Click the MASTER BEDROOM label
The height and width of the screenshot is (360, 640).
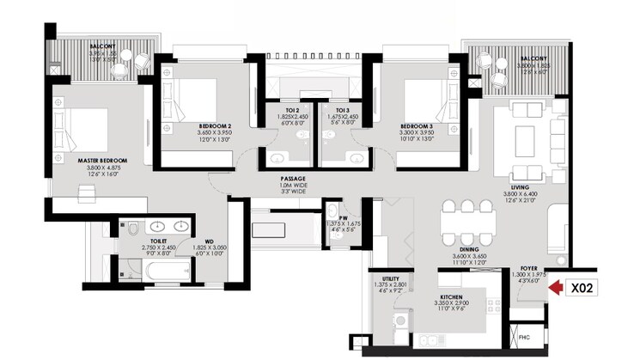pyautogui.click(x=102, y=161)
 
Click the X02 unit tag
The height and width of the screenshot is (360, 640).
pyautogui.click(x=587, y=287)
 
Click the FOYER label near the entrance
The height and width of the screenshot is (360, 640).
pyautogui.click(x=528, y=268)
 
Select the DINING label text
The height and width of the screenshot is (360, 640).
pyautogui.click(x=468, y=248)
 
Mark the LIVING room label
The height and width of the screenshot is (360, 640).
pyautogui.click(x=518, y=186)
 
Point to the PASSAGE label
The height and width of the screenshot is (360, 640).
pyautogui.click(x=293, y=179)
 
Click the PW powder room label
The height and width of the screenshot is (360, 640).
pyautogui.click(x=342, y=218)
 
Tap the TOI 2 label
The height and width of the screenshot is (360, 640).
pyautogui.click(x=291, y=111)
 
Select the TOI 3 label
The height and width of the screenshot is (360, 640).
pyautogui.click(x=341, y=111)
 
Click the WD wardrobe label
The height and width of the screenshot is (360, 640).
pyautogui.click(x=209, y=241)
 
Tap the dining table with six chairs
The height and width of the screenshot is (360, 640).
pyautogui.click(x=468, y=223)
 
